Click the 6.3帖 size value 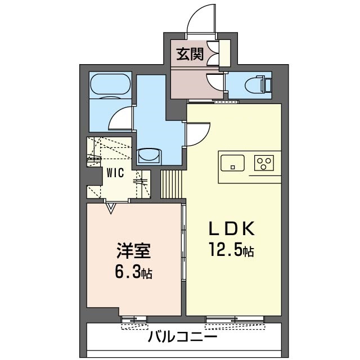[133, 273]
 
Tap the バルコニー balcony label [183, 337]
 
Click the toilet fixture [261, 85]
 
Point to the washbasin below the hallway [150, 155]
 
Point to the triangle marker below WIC [111, 209]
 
